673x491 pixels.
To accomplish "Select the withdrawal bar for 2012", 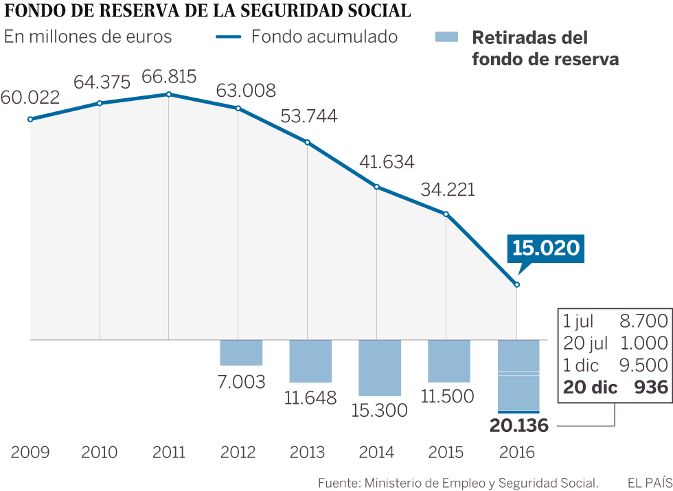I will pos(241,352).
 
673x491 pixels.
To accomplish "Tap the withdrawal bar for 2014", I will pos(380,367).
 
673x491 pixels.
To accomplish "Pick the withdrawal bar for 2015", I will pos(449,361).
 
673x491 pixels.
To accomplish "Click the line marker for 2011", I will pos(169,94).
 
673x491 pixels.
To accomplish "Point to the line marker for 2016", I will pos(517,285).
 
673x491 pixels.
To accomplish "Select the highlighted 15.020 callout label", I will pos(546,248).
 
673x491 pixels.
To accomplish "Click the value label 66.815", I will pos(169,76).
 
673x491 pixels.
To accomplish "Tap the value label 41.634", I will pos(387,162).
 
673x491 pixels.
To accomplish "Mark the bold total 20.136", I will pos(519,426).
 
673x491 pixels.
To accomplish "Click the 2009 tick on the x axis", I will pos(30,453).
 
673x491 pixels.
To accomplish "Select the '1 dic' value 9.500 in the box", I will pos(643,365).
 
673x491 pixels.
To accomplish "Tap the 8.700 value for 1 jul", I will pos(643,321).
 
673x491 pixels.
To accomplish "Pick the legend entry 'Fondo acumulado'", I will pos(324,36).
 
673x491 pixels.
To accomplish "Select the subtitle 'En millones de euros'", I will pos(88,36).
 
